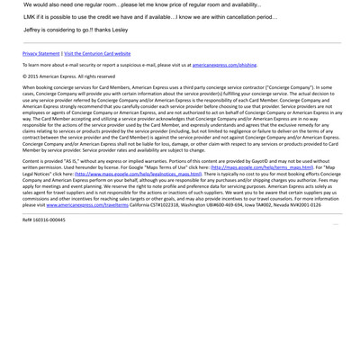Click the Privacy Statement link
tap(41, 54)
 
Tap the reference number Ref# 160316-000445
tap(44, 220)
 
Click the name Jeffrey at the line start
tap(34, 30)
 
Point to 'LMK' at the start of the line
tap(30, 17)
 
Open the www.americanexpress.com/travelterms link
tap(90, 205)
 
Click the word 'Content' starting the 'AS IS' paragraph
tap(33, 161)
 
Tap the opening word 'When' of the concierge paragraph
tap(30, 87)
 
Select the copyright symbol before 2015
tap(25, 76)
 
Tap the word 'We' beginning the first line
tap(27, 4)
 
